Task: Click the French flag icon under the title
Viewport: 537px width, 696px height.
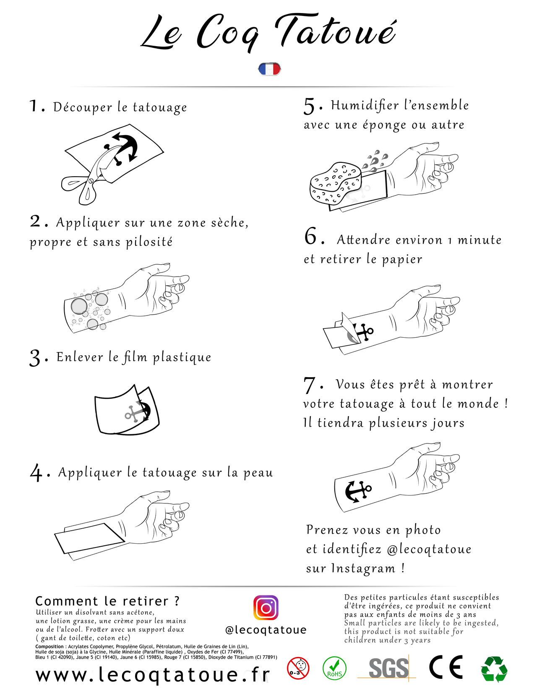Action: (x=269, y=69)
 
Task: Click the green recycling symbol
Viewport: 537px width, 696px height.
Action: (x=494, y=669)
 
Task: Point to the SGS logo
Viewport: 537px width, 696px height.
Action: (x=388, y=668)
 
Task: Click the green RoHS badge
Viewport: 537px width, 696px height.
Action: (x=334, y=668)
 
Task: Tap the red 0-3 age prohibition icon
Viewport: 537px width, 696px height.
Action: (x=298, y=668)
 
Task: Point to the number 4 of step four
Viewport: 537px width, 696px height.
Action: (x=36, y=473)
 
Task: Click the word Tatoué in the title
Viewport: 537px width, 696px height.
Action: (x=336, y=32)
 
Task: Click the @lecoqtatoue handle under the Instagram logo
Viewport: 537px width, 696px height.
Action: (x=266, y=630)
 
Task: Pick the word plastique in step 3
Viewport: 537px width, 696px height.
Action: (x=182, y=358)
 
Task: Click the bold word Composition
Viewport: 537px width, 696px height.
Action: (x=50, y=646)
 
